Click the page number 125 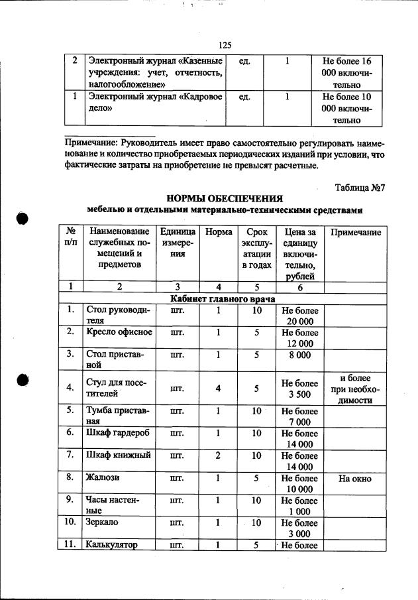coord(224,45)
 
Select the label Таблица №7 coord(360,188)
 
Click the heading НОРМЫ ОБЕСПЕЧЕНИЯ coord(225,199)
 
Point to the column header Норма coord(219,233)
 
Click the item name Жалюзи coord(102,477)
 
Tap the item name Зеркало coord(103,523)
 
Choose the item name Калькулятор coord(111,546)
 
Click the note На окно coord(354,478)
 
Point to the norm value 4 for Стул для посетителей coord(218,389)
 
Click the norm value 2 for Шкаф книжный coord(218,455)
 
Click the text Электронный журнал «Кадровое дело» coord(156,103)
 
